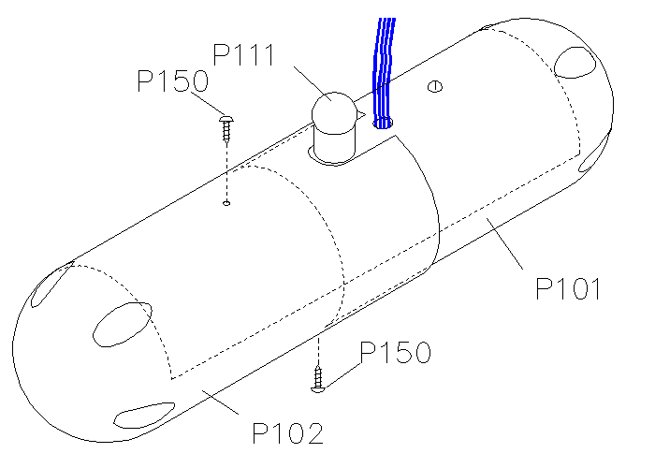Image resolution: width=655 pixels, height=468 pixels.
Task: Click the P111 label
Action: (244, 54)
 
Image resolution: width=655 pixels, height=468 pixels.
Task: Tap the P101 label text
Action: (568, 288)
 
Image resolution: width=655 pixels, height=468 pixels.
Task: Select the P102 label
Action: (288, 433)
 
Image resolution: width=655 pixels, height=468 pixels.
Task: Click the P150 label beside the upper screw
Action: (172, 80)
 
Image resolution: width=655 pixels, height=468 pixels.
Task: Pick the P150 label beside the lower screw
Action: (395, 352)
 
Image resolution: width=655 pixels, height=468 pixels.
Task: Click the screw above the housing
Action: (226, 129)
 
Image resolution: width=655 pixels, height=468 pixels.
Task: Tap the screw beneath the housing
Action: (318, 379)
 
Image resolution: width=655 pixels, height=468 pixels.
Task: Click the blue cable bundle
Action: (383, 71)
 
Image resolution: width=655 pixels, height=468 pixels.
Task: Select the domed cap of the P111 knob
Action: (334, 113)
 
